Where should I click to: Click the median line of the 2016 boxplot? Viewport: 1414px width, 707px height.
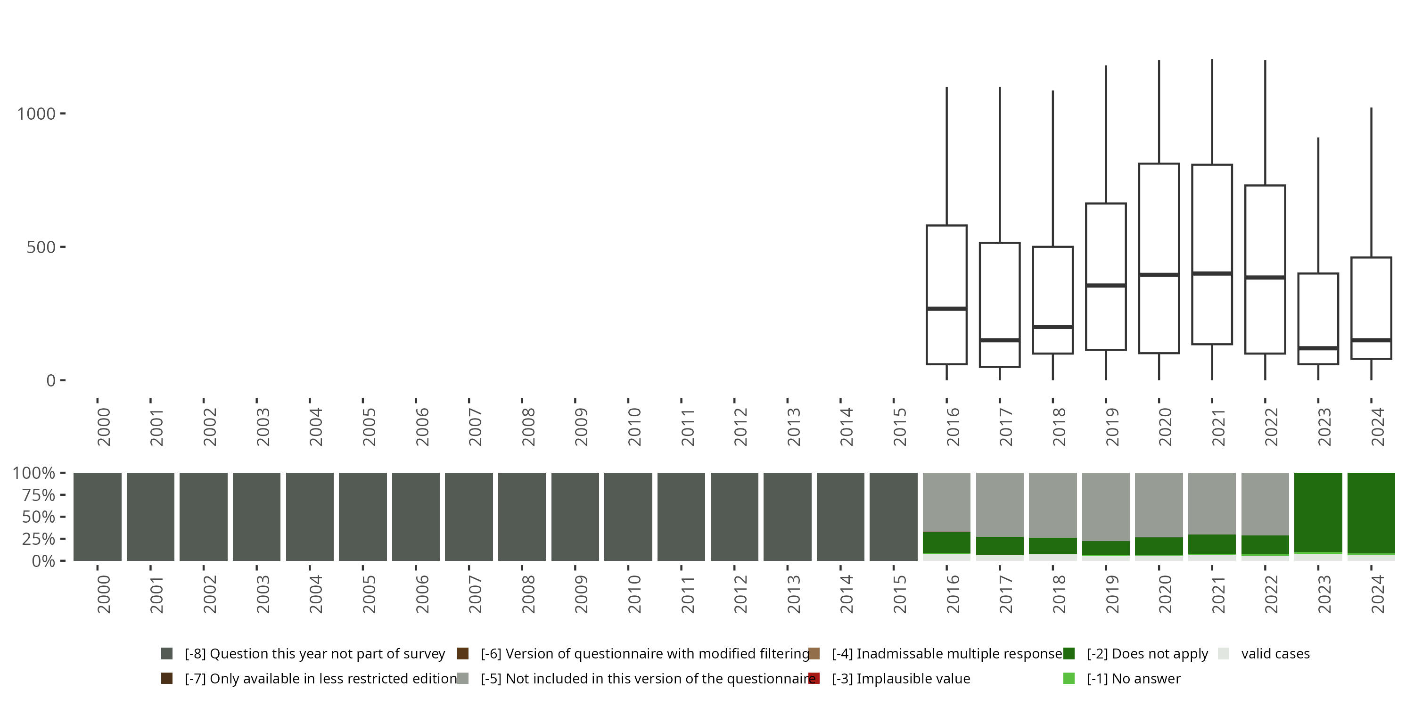(946, 309)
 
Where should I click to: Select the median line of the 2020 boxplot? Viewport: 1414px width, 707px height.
(1159, 274)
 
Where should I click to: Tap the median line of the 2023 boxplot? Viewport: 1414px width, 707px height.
(1318, 348)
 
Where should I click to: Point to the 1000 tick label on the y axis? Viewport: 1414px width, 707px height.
(37, 114)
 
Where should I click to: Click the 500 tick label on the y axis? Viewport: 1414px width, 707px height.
(41, 247)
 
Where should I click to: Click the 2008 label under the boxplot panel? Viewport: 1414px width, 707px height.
(528, 427)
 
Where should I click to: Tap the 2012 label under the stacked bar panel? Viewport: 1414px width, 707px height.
(740, 594)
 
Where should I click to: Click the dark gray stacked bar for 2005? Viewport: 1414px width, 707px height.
(363, 517)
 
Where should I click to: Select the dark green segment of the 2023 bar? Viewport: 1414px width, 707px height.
(1318, 511)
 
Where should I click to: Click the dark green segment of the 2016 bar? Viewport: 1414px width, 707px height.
(946, 543)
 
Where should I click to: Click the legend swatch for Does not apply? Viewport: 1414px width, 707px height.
(1069, 653)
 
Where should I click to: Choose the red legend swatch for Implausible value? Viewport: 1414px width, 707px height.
(814, 678)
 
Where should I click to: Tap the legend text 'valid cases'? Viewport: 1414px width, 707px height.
(1275, 653)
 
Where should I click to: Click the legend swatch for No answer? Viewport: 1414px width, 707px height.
(1069, 678)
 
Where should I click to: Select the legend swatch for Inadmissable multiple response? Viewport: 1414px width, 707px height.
(814, 653)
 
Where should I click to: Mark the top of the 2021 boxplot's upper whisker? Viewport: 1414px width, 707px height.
(1212, 59)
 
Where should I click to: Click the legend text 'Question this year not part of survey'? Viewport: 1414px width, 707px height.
(314, 653)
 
